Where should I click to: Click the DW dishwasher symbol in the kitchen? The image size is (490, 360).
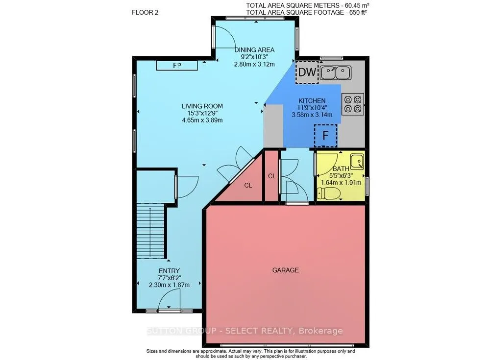[307, 72]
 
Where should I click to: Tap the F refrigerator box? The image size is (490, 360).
[325, 136]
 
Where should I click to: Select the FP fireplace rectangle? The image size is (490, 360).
[177, 65]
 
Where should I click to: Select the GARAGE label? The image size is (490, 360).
[286, 270]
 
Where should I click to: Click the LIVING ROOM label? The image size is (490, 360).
[202, 106]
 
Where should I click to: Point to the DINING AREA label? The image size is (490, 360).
[254, 49]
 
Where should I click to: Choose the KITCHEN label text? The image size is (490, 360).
[312, 100]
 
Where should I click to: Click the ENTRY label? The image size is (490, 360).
[169, 271]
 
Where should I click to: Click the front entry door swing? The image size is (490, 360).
[172, 299]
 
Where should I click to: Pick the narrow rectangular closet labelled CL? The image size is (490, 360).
[271, 175]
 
